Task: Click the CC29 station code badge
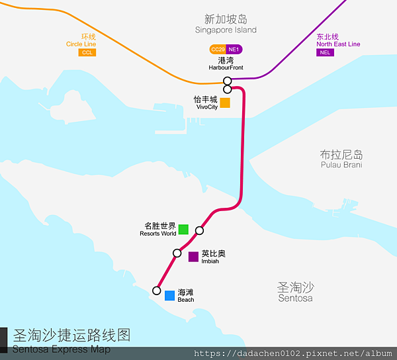pyautogui.click(x=218, y=50)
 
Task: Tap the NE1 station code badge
pyautogui.click(x=234, y=50)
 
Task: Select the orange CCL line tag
pyautogui.click(x=87, y=52)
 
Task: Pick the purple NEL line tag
pyautogui.click(x=325, y=52)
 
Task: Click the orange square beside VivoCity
pyautogui.click(x=225, y=103)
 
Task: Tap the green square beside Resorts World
pyautogui.click(x=183, y=230)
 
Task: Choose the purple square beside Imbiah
pyautogui.click(x=193, y=257)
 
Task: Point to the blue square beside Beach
pyautogui.click(x=169, y=295)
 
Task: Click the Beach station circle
pyautogui.click(x=157, y=291)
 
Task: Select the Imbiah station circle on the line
pyautogui.click(x=177, y=253)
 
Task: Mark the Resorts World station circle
pyautogui.click(x=199, y=231)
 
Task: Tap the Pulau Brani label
pyautogui.click(x=341, y=165)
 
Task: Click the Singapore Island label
pyautogui.click(x=226, y=30)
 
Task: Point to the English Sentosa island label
pyautogui.click(x=295, y=298)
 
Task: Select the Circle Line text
pyautogui.click(x=81, y=44)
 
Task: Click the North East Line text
pyautogui.click(x=338, y=44)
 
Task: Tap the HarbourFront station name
pyautogui.click(x=226, y=67)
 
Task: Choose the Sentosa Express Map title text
pyautogui.click(x=62, y=349)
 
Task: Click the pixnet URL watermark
pyautogui.click(x=293, y=353)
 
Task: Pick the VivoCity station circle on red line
pyautogui.click(x=228, y=89)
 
